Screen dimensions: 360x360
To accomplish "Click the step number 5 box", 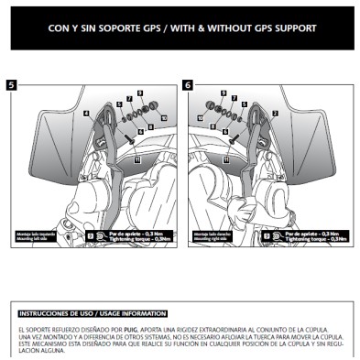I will click(11, 84).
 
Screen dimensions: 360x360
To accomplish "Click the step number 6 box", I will click(188, 84).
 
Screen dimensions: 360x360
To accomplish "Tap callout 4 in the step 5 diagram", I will click(86, 114).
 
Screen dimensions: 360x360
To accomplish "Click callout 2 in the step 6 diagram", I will click(274, 114).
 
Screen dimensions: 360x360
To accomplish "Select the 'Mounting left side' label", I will click(27, 236).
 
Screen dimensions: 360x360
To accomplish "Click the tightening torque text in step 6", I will click(313, 237).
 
